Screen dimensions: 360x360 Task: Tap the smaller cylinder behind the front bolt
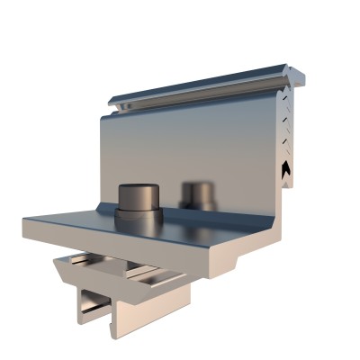tap(198, 193)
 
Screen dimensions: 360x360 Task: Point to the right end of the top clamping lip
tap(290, 72)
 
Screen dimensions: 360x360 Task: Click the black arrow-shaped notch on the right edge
tap(287, 167)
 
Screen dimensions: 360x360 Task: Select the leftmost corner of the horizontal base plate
tap(22, 220)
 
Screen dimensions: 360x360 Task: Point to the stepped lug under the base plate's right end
tap(225, 262)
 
